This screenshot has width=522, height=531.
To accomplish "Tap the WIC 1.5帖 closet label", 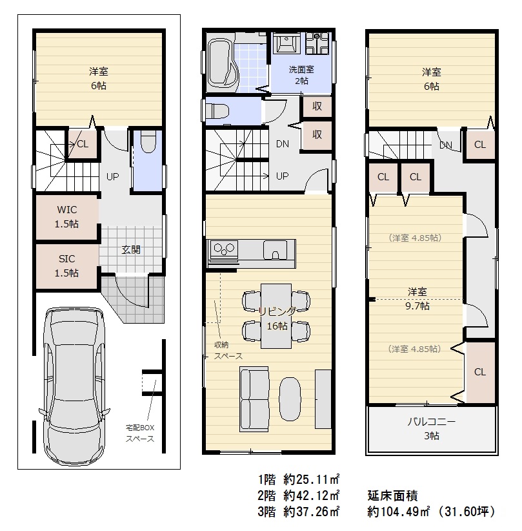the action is pos(67,217).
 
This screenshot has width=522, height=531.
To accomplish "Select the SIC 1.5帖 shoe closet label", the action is pos(67,266).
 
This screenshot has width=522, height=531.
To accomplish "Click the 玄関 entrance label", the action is pos(131,250).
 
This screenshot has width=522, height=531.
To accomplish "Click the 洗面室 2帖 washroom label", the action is pos(301,75).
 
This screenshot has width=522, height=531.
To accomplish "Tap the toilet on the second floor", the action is pos(217,110).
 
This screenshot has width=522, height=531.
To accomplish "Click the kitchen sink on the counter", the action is pos(275,249).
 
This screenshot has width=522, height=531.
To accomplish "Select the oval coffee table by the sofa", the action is pos(290,399).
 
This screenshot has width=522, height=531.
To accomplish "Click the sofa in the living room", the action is pos(254,399).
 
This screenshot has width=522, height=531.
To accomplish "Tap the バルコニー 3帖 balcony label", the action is pos(432,428).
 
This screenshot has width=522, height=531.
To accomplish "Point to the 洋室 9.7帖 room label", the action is pos(417,298).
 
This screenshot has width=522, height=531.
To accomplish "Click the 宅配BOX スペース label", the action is pos(140,433).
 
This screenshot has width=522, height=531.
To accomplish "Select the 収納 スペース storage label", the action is pos(228,351).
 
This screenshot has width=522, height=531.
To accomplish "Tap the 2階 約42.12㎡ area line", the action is pos(298,495).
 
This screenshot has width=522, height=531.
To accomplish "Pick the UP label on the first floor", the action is pos(113,177).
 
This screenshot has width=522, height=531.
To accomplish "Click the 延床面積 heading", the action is pos(392,495).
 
